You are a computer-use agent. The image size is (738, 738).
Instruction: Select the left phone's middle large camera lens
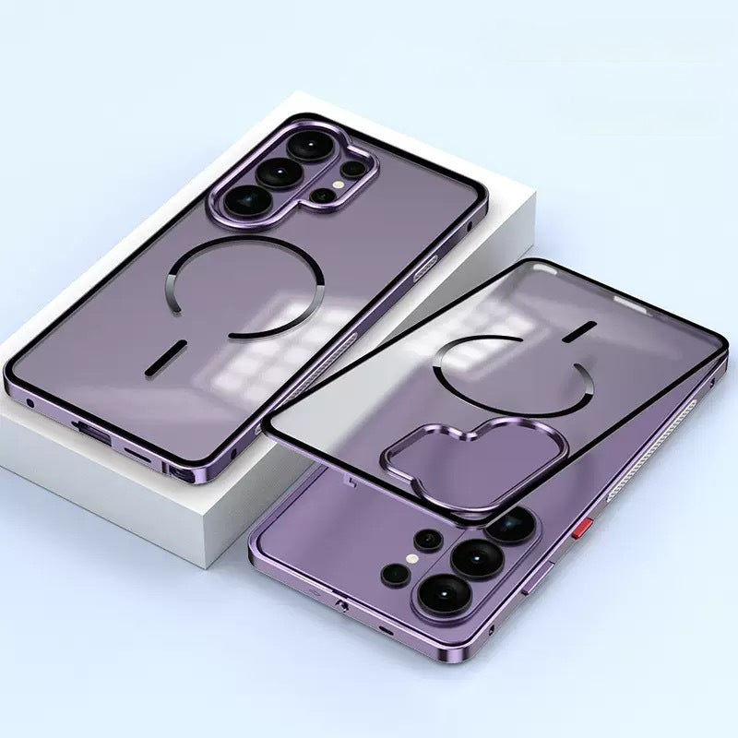[274, 172]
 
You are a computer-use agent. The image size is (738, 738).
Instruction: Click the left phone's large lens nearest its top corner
[304, 147]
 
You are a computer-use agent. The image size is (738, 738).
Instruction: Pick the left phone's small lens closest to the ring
[320, 196]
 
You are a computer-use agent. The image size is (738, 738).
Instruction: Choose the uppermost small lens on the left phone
[352, 170]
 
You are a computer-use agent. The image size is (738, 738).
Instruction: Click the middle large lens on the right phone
[477, 558]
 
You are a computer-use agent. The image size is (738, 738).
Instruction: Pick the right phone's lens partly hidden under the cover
[509, 525]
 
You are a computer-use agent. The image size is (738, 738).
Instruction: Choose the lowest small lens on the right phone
[396, 574]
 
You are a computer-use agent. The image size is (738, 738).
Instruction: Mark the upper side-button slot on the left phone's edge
[428, 268]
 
